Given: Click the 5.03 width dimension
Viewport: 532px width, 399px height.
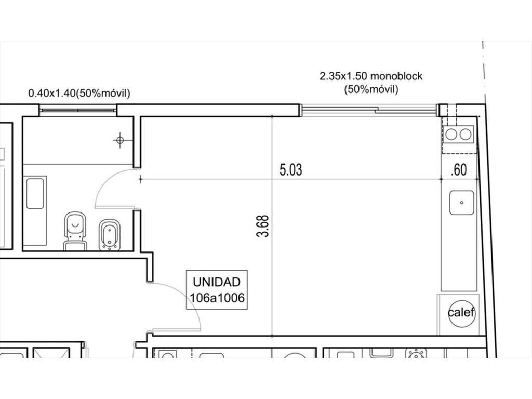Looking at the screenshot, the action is [x=291, y=170].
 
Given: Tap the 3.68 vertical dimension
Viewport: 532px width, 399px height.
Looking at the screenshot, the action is [x=263, y=226].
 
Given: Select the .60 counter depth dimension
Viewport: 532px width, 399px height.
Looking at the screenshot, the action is [x=459, y=170].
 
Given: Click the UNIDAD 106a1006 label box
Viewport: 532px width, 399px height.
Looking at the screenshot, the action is [x=217, y=290].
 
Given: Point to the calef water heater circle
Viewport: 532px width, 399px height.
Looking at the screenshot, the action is [x=461, y=312].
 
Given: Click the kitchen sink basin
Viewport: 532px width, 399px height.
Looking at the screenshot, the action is [x=462, y=203].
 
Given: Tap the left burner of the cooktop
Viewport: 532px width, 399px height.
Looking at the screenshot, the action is [x=451, y=135].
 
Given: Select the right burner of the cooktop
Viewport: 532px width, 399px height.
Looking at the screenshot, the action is [x=465, y=135].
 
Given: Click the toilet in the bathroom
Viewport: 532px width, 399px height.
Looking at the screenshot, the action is [x=75, y=231].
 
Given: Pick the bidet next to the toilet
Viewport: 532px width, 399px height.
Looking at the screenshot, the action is [x=110, y=235].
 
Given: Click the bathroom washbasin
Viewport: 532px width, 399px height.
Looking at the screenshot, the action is [x=35, y=193].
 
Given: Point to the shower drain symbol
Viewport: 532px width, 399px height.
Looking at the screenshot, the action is [x=120, y=140].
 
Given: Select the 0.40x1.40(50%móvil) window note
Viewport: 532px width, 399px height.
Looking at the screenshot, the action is [x=79, y=93].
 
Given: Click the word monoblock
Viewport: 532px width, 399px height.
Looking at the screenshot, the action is [x=396, y=76].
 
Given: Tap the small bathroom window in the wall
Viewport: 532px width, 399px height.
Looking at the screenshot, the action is [x=78, y=110].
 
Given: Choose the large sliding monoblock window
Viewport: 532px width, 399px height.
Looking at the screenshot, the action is [x=369, y=110].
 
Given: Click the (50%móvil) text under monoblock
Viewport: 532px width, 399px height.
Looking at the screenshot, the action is [x=371, y=89].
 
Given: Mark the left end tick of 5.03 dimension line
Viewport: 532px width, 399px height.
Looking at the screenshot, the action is [x=140, y=179].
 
